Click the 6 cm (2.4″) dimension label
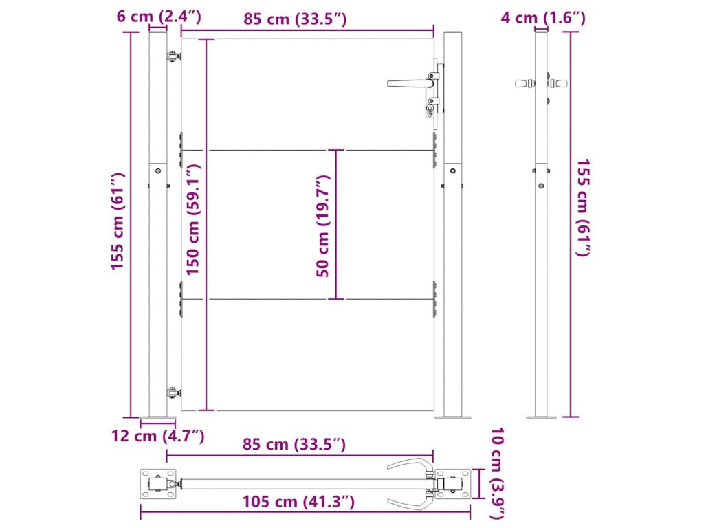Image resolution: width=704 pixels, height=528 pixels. pyautogui.click(x=159, y=16)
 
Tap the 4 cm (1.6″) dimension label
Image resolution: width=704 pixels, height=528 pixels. pyautogui.click(x=543, y=17)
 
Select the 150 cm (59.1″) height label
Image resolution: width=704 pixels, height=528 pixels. pyautogui.click(x=193, y=219)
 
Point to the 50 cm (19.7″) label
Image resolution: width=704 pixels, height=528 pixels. pyautogui.click(x=323, y=225)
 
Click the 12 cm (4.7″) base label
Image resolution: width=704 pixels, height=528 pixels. pyautogui.click(x=157, y=435)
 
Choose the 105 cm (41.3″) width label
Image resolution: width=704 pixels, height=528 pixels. pyautogui.click(x=298, y=501)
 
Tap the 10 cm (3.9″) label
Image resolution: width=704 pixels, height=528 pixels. pyautogui.click(x=498, y=473)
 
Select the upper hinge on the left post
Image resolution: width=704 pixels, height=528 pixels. pyautogui.click(x=174, y=57)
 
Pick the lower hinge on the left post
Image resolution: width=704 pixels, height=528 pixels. pyautogui.click(x=174, y=393)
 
